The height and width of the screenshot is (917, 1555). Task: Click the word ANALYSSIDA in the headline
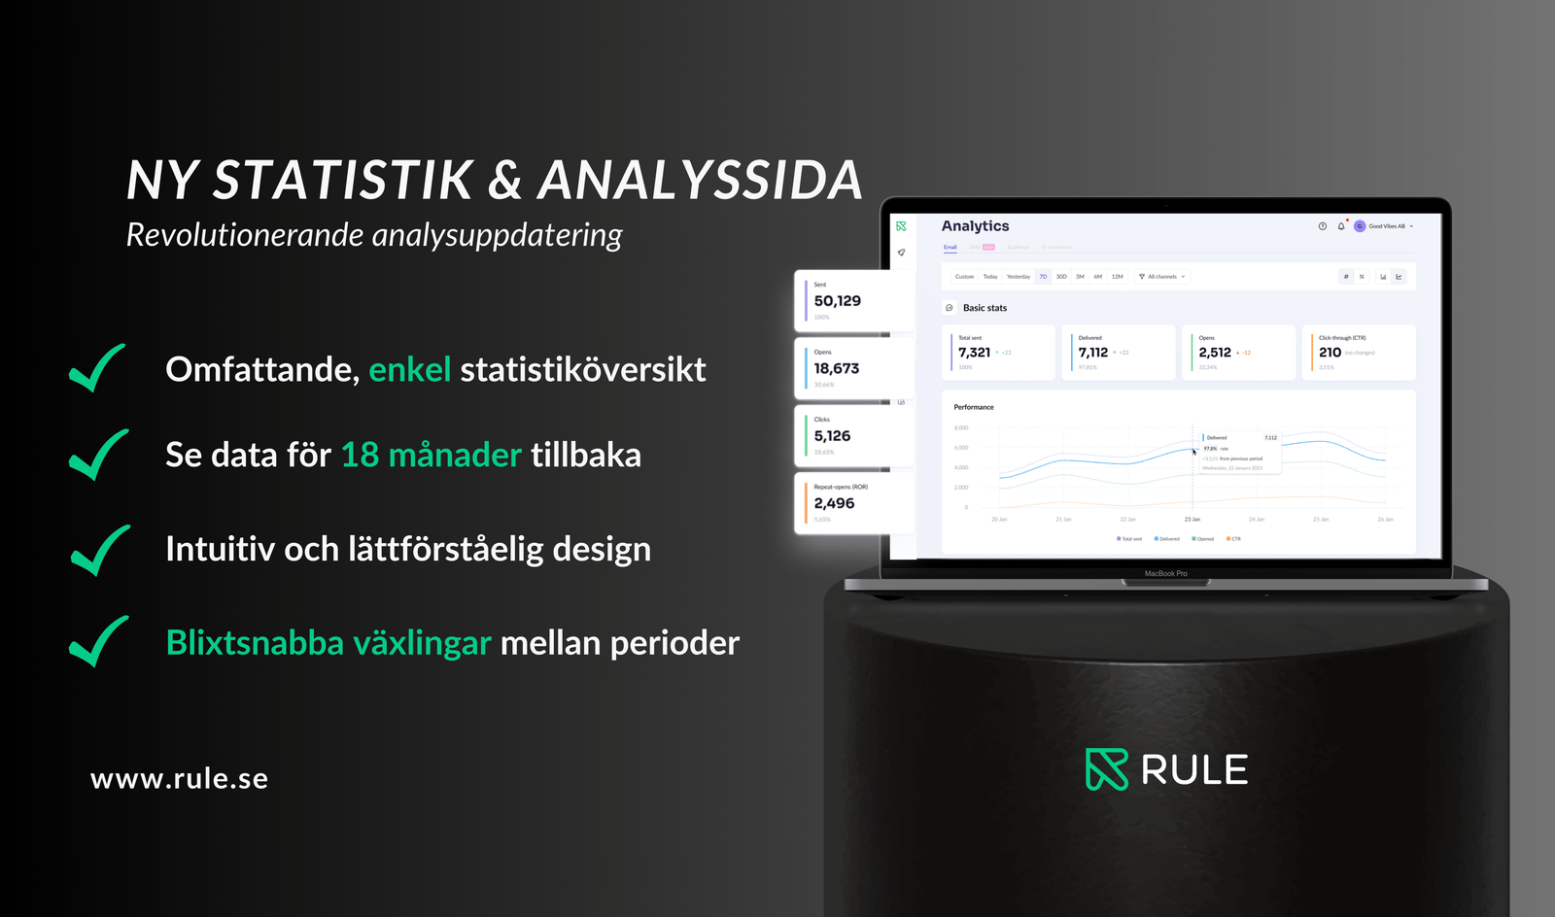coord(700,181)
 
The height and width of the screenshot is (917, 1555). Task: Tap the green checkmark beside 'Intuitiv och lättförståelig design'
coord(99,550)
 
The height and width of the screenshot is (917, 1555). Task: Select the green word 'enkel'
coord(409,370)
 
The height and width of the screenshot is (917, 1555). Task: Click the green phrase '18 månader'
coord(431,455)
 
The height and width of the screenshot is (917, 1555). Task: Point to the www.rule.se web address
coord(179,779)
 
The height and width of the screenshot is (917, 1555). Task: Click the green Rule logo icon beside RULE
coord(1106,769)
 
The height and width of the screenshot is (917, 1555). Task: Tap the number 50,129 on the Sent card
coord(837,301)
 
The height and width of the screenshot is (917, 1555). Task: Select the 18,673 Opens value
coord(836,368)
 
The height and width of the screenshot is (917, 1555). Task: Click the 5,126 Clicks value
coord(832,436)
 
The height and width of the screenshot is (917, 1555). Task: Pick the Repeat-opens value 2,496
coord(834,503)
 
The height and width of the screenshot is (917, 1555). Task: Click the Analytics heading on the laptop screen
coord(975,226)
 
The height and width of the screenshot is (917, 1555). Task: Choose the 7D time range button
coord(1043,277)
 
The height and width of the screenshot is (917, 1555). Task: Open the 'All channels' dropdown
coord(1162,277)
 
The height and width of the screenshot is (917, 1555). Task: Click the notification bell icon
coord(1341,226)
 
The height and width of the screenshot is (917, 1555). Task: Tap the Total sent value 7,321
coord(974,353)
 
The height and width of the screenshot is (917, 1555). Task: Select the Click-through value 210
coord(1330,353)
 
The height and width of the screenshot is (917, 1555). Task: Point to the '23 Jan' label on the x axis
coord(1192,520)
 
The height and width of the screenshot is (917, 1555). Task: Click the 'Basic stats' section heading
coord(985,308)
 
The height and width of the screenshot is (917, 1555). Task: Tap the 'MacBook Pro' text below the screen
coord(1165,574)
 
